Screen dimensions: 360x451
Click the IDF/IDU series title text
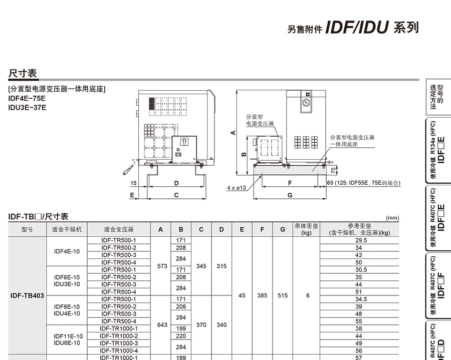pyautogui.click(x=357, y=28)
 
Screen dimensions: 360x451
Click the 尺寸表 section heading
pyautogui.click(x=23, y=74)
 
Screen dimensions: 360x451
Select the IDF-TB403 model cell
pyautogui.click(x=27, y=295)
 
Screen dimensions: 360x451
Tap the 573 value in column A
pyautogui.click(x=162, y=266)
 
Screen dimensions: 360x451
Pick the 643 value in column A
pyautogui.click(x=162, y=325)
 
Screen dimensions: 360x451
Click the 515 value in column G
pyautogui.click(x=283, y=295)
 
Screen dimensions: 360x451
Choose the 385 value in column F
pyautogui.click(x=262, y=295)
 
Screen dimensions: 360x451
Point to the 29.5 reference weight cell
pyautogui.click(x=358, y=240)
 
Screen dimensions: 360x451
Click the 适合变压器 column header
pyautogui.click(x=119, y=229)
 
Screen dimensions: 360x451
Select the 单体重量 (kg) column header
pyautogui.click(x=306, y=229)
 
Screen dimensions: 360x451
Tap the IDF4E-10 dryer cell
pyautogui.click(x=67, y=251)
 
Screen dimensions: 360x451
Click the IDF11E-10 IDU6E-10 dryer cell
pyautogui.click(x=67, y=339)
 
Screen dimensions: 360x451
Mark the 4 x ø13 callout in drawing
pyautogui.click(x=237, y=188)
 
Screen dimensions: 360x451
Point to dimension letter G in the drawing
pyautogui.click(x=290, y=195)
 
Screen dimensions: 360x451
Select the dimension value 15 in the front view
pyautogui.click(x=133, y=183)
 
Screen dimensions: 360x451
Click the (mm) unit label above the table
pyautogui.click(x=392, y=218)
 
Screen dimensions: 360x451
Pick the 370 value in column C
pyautogui.click(x=201, y=325)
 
